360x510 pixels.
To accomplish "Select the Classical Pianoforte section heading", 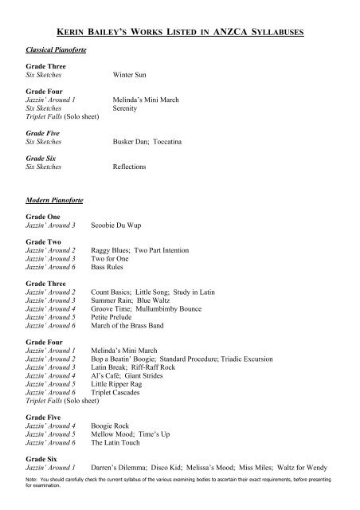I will (x=55, y=49).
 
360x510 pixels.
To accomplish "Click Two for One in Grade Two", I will (x=111, y=258).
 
